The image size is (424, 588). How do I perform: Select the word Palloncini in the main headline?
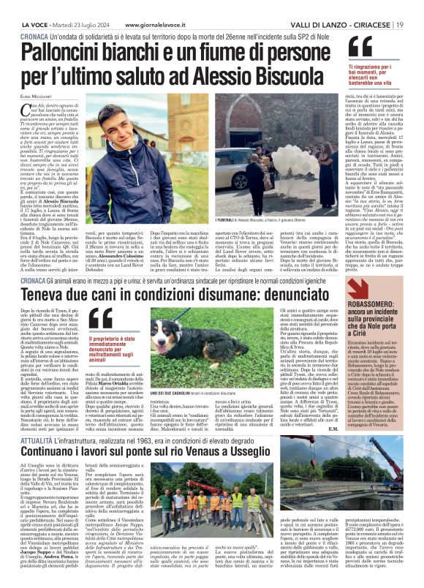[69, 52]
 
